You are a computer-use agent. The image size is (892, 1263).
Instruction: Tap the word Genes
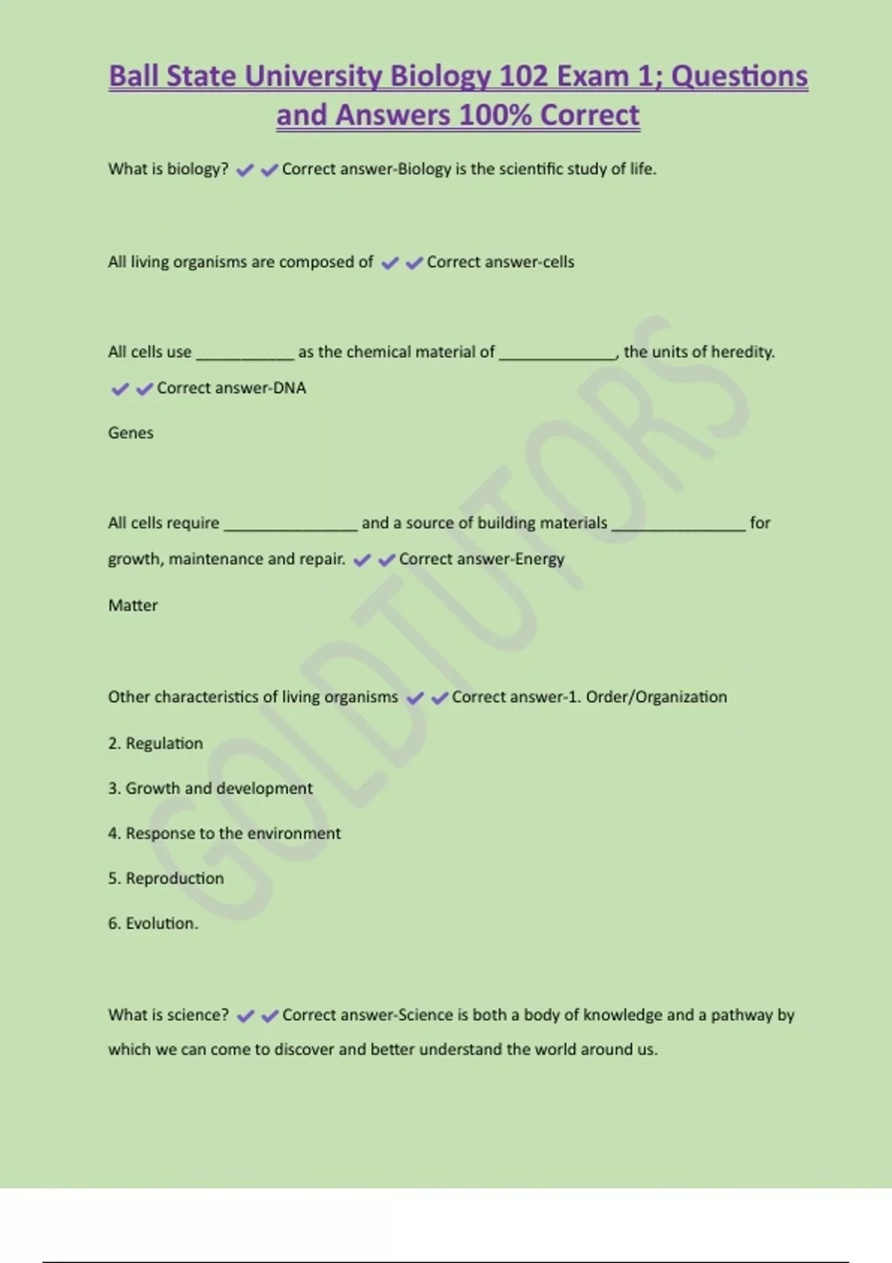click(x=131, y=433)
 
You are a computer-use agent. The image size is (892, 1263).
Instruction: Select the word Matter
click(x=133, y=605)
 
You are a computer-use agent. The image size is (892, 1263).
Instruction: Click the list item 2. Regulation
click(x=155, y=744)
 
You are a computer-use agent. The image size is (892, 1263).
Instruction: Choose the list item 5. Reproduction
click(x=166, y=879)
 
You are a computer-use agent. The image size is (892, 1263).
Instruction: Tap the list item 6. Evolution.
click(x=153, y=923)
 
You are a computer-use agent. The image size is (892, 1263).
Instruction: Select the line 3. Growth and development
click(x=210, y=788)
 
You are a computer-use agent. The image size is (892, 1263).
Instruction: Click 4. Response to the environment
click(x=224, y=834)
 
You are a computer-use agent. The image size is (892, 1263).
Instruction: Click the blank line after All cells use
click(x=245, y=355)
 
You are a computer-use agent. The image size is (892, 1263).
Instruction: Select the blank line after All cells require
click(x=291, y=526)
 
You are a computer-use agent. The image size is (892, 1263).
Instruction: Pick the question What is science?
click(x=168, y=1015)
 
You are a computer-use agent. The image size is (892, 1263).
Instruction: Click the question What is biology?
click(x=168, y=169)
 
